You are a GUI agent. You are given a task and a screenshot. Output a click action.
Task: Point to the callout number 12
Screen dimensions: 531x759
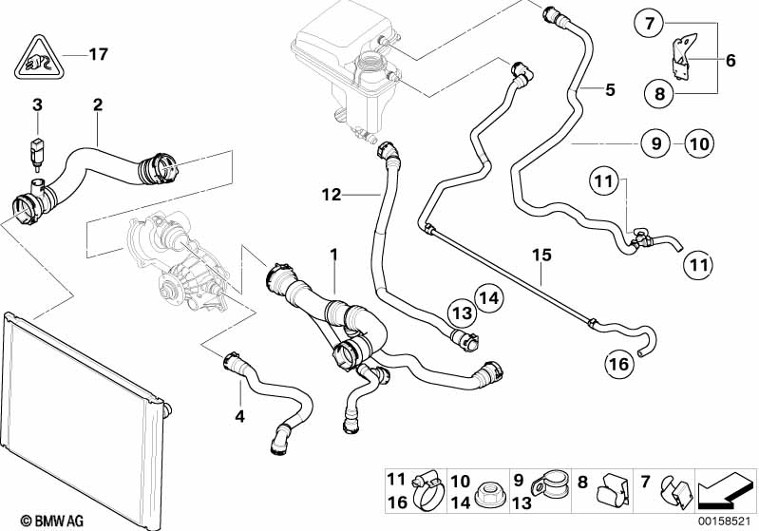(x=331, y=195)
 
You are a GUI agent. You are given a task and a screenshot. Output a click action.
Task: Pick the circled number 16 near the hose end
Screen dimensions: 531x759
(x=617, y=364)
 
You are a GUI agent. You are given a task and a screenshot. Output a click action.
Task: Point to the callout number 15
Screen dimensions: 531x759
(x=541, y=255)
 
